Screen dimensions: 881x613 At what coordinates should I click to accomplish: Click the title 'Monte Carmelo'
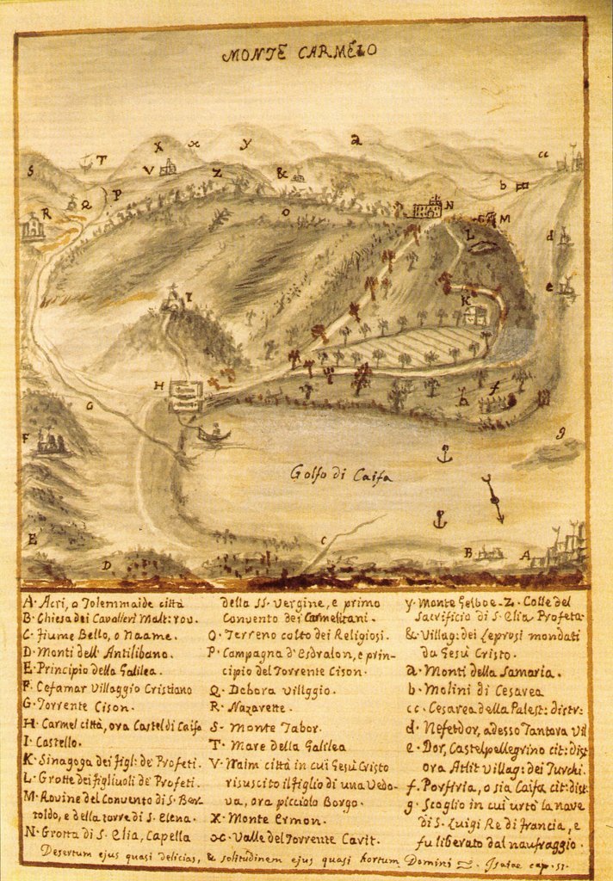tap(298, 52)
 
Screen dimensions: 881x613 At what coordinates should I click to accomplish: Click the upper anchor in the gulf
tap(444, 453)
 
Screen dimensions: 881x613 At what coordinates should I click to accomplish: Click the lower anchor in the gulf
tap(440, 519)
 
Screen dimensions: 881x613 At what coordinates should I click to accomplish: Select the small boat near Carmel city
tap(214, 433)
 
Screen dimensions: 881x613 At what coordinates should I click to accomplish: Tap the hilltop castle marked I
tap(175, 301)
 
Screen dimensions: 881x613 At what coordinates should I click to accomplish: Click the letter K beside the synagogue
tap(465, 300)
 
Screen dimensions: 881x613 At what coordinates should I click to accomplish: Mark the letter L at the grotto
tap(470, 233)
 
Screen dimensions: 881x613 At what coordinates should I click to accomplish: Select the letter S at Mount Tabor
tap(30, 170)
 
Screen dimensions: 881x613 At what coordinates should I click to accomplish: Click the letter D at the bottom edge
tap(107, 565)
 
